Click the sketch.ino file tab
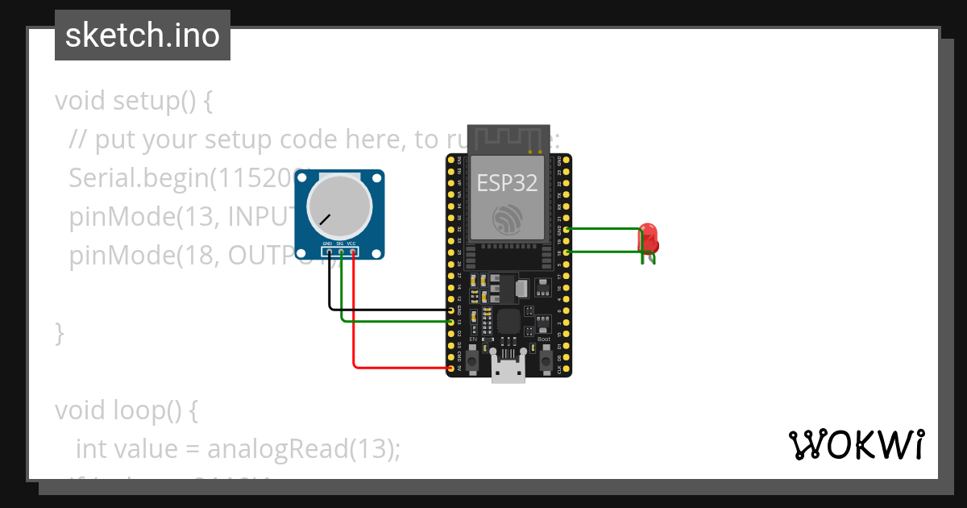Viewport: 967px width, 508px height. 143,35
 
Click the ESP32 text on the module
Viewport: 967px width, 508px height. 507,182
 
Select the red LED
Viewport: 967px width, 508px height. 649,238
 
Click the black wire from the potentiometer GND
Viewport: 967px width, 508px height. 330,290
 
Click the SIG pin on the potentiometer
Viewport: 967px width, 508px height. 341,252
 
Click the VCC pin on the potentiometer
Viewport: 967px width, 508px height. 353,252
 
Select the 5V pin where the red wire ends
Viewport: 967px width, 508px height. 450,369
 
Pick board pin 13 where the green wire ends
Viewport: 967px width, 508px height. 450,322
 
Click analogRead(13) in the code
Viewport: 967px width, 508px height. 303,449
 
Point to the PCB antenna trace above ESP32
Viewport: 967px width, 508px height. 509,139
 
